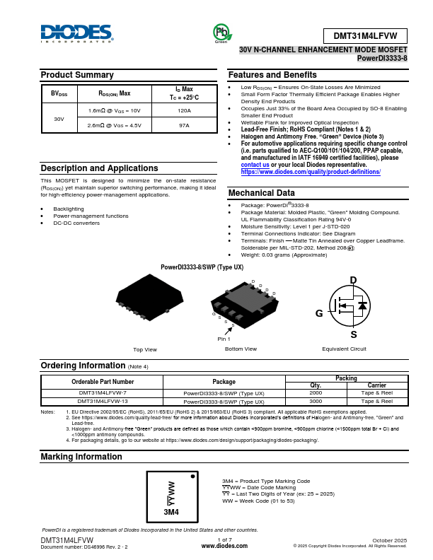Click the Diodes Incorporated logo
click(x=77, y=34)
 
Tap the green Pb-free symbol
click(x=221, y=33)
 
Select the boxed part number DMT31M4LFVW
click(x=365, y=36)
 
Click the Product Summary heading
click(x=77, y=75)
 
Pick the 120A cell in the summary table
click(x=184, y=111)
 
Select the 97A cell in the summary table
click(x=184, y=125)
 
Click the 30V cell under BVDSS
click(x=59, y=118)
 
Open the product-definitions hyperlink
click(x=311, y=172)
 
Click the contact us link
click(x=255, y=165)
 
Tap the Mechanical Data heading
click(x=262, y=193)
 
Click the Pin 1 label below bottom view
click(x=224, y=339)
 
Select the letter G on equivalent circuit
click(x=319, y=313)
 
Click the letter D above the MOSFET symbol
click(x=353, y=281)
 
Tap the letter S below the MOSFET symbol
click(x=353, y=334)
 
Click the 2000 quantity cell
click(x=316, y=392)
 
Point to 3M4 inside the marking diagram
click(x=171, y=511)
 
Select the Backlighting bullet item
click(x=69, y=209)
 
